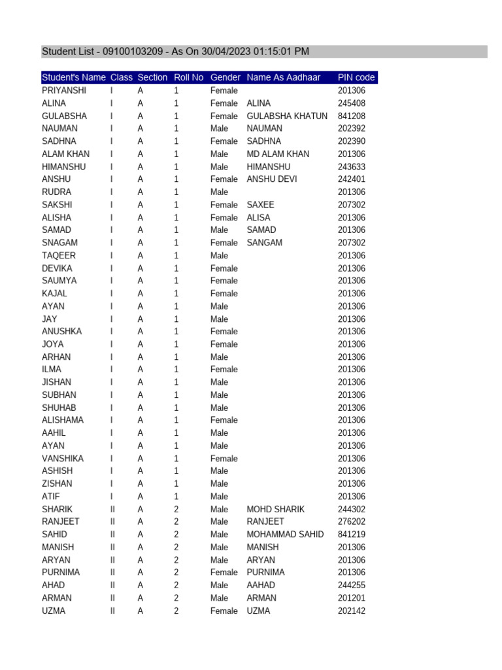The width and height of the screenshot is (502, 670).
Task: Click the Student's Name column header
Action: pos(74,77)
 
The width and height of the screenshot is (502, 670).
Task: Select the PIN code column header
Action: pos(356,77)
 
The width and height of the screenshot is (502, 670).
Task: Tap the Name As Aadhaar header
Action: pos(284,77)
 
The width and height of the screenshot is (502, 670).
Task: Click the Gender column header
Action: pos(226,77)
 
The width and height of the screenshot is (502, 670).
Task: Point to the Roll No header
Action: pos(189,77)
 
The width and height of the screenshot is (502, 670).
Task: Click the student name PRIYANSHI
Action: pos(64,90)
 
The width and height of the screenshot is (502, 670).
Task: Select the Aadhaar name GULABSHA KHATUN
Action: pos(287,116)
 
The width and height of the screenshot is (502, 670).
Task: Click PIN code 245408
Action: pos(352,103)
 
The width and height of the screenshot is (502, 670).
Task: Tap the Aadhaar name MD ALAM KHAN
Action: pos(278,154)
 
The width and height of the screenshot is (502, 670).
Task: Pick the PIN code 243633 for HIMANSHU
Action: pos(352,167)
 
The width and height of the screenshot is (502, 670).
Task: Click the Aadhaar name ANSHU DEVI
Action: pos(271,179)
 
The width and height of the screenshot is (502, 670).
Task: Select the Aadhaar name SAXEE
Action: pos(260,205)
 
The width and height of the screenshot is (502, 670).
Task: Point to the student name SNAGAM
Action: pos(59,243)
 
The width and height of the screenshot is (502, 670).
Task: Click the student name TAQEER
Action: pos(59,255)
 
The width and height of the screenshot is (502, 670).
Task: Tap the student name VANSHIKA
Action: pos(63,458)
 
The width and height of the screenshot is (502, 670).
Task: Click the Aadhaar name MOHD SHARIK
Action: pos(275,509)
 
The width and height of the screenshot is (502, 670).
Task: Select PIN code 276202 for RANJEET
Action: pos(352,521)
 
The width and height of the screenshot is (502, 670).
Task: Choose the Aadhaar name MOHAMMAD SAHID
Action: pos(285,534)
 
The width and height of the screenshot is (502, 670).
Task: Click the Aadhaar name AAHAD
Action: pos(261,585)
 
